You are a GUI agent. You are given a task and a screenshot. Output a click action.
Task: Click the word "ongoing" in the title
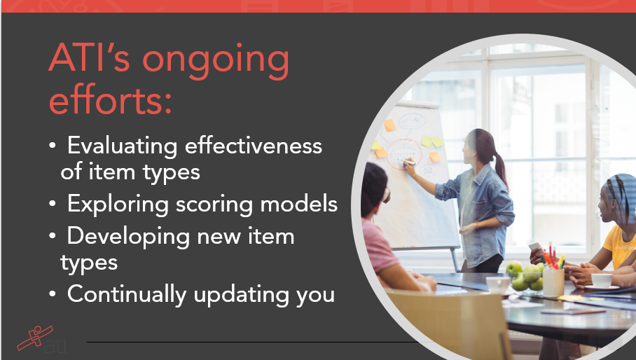point(215,62)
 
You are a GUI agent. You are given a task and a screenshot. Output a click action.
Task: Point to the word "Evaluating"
point(122,146)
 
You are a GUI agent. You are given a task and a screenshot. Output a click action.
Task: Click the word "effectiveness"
point(253,145)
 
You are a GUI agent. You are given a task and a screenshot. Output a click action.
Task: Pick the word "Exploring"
point(118,205)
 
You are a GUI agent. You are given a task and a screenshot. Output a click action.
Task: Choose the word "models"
point(299,204)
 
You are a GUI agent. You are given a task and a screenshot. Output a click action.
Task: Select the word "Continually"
point(127,295)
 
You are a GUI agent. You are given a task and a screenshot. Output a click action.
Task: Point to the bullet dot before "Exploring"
point(52,204)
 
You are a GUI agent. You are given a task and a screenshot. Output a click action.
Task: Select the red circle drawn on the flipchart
point(404,154)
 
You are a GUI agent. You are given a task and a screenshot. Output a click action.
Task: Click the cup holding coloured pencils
point(553,282)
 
